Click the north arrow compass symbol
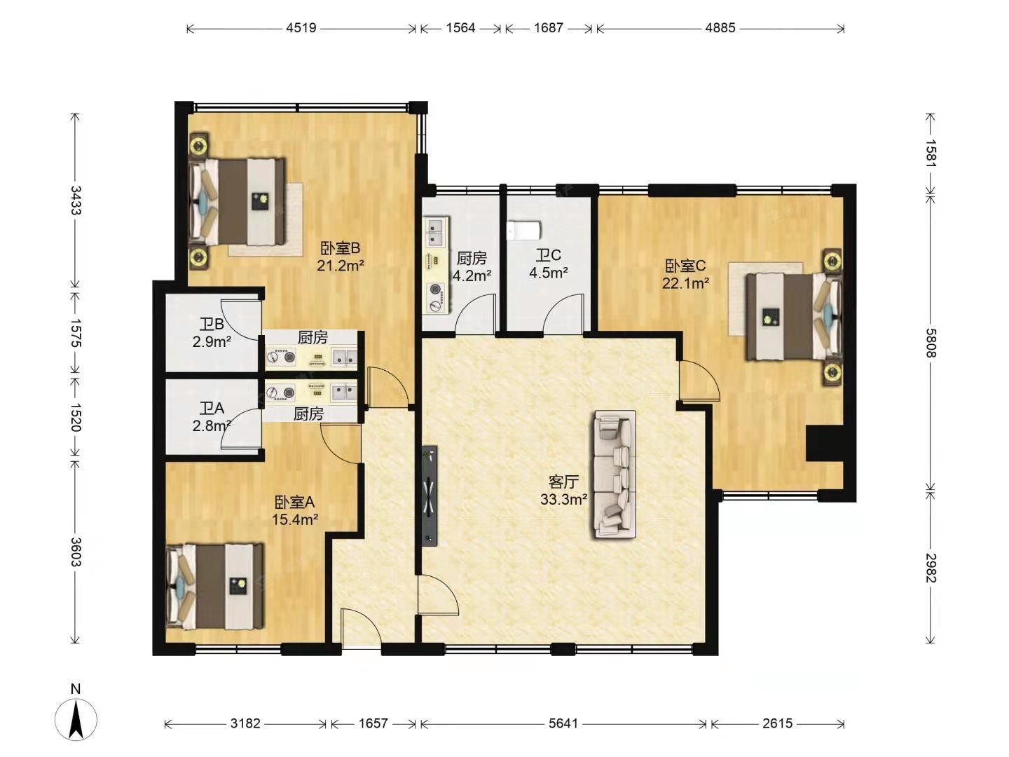coord(76,719)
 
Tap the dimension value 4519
coord(301,28)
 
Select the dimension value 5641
coord(563,723)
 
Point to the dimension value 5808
coord(931,343)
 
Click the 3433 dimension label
coord(76,200)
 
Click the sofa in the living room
coord(614,475)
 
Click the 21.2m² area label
coord(341,266)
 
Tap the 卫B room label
coord(212,325)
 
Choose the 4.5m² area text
coord(549,273)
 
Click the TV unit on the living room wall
coord(430,496)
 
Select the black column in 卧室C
coord(825,444)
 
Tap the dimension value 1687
coord(549,28)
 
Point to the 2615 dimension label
coord(777,723)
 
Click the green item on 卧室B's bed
coord(263,199)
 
